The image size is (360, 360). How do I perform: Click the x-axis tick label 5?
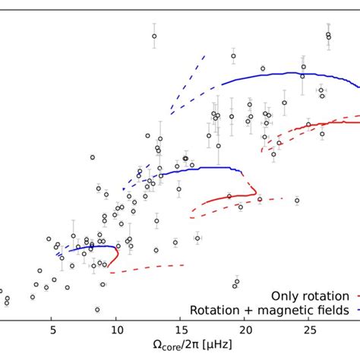52,330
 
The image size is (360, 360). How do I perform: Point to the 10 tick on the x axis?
116,330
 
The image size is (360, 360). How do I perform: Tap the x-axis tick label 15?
181,330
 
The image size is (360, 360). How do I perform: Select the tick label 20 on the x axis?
245,330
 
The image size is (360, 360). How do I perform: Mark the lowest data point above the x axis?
97,309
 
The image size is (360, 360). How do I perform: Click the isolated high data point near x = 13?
154,36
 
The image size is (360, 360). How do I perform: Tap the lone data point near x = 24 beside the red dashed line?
296,201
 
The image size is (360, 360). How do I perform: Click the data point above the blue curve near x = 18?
234,56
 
